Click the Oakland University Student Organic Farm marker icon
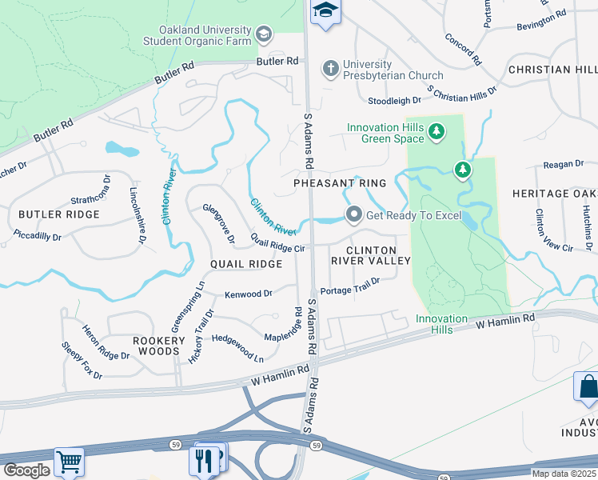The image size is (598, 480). coord(264,34)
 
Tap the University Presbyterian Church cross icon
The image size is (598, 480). coord(330,69)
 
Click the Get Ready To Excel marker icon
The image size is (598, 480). coord(353,214)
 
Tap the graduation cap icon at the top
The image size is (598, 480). coord(325,11)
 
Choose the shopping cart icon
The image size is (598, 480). coord(70,462)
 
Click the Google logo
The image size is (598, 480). coord(26,470)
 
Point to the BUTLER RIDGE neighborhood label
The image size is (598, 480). coord(59,214)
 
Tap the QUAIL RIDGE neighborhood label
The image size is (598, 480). coord(246,264)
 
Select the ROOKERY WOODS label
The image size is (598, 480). coord(159,346)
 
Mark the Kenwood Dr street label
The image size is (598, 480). coord(249,294)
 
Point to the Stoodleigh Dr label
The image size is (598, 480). coord(393,101)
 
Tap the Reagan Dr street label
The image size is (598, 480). coord(563,164)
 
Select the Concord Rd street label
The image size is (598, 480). coord(462,49)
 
